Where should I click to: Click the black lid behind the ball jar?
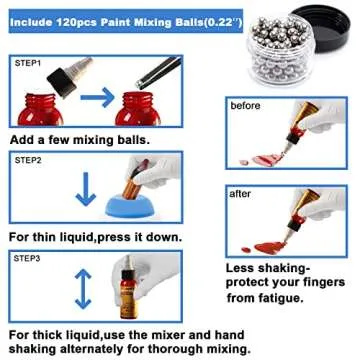pyautogui.click(x=320, y=30)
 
